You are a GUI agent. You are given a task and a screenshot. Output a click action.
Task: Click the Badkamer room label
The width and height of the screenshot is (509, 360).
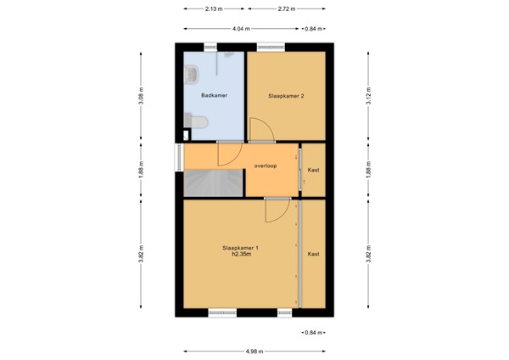212,96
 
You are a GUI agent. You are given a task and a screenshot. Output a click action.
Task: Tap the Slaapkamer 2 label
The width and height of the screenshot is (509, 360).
286,96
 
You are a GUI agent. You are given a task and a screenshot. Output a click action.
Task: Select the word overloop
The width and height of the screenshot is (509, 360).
266,166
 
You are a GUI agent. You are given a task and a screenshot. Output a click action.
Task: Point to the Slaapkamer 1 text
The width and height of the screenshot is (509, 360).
240,248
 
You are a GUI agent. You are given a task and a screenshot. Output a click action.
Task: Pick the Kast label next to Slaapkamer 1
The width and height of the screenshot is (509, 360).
313,254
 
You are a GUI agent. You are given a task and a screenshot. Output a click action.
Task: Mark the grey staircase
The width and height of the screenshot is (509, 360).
213,183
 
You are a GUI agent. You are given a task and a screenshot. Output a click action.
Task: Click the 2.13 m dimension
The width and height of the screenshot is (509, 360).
214,9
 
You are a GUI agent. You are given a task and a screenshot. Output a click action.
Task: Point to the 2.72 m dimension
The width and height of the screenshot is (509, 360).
287,9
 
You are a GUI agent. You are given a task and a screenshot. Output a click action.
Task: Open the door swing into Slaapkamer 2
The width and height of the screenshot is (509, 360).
260,131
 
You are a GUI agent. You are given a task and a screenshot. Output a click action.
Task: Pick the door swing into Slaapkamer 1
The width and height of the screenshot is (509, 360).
277,211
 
